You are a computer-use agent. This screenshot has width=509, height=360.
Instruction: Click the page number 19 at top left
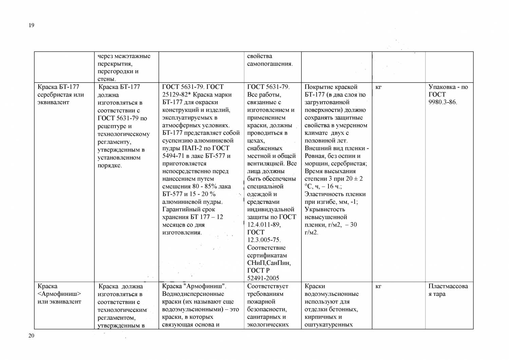coord(32,25)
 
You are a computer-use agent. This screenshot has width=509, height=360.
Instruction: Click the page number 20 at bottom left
coord(31,336)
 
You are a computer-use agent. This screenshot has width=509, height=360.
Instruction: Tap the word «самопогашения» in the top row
coord(270,64)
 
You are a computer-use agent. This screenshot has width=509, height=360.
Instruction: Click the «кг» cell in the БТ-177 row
coord(379,87)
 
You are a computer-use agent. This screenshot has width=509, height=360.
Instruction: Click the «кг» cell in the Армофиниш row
coord(379,287)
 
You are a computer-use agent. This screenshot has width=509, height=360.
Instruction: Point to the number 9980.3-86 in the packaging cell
coord(442,102)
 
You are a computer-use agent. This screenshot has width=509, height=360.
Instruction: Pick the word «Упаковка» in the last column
coord(441,87)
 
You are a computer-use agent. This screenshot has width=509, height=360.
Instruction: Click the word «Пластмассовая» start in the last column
coord(448,286)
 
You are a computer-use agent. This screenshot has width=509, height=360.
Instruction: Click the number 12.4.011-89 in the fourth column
coord(264,224)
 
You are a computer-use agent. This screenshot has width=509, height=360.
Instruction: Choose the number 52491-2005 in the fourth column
coord(263,278)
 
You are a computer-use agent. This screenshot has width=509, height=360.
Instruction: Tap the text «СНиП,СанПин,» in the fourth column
coord(269,263)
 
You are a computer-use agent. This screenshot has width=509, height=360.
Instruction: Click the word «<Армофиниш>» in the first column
coord(59,294)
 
